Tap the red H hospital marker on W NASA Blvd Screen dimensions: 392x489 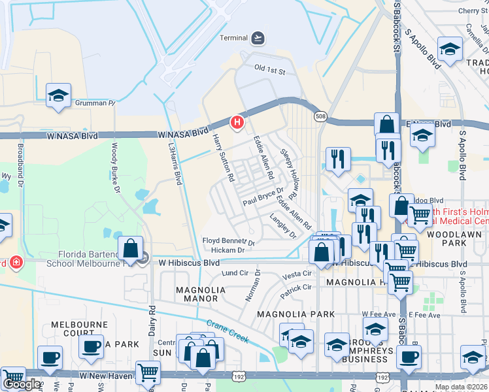238,122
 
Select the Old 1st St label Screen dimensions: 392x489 270,70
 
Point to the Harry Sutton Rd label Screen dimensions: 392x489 223,157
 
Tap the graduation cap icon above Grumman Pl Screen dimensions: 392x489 58,96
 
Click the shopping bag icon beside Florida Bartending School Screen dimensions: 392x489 131,249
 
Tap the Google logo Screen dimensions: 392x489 21,384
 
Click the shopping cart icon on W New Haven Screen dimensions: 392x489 148,372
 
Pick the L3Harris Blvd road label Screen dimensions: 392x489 175,164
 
